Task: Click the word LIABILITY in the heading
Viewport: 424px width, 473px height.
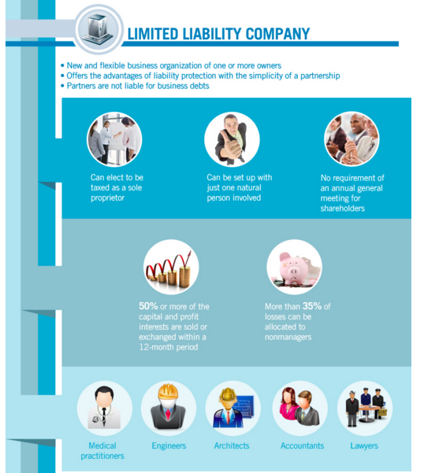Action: tap(212, 34)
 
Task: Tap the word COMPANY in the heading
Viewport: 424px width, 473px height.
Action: tap(278, 34)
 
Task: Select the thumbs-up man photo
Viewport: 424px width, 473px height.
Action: tap(232, 139)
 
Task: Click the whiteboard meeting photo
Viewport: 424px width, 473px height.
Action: tap(114, 139)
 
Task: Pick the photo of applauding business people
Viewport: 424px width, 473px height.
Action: tap(351, 139)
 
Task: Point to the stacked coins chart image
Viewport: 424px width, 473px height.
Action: tap(171, 267)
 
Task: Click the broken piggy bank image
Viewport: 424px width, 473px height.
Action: tap(294, 267)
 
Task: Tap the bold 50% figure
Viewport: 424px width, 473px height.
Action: tap(148, 306)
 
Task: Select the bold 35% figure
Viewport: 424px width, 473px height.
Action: tap(312, 306)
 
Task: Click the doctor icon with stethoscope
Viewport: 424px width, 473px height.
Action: tap(105, 408)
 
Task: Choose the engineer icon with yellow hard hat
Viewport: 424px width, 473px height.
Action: tap(169, 408)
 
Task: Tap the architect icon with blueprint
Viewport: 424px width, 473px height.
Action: tap(232, 408)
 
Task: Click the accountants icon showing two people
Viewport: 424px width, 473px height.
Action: tap(300, 408)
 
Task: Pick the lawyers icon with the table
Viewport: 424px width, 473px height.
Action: tap(365, 408)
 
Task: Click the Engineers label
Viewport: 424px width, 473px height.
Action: tap(169, 446)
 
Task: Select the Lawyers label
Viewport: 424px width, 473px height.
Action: tap(364, 446)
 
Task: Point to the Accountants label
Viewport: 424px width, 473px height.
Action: tap(303, 446)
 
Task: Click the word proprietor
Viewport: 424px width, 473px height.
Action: tap(107, 198)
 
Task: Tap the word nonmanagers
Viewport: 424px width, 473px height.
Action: tap(288, 337)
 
